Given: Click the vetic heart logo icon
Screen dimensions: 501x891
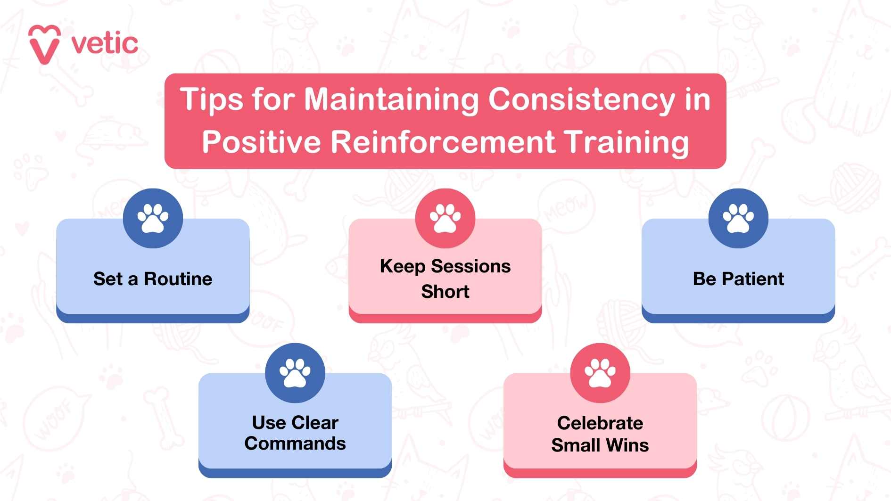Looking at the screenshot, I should (x=44, y=44).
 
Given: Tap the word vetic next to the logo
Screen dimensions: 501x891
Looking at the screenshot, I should (x=104, y=44).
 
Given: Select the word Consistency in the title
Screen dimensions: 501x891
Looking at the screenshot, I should (x=582, y=100).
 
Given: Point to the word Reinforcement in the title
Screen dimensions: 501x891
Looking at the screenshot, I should (x=443, y=142).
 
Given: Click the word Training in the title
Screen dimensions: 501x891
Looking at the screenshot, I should (x=627, y=142).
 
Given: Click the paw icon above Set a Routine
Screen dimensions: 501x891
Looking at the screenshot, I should (x=153, y=218).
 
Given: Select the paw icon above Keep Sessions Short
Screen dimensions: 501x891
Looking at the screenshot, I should (x=445, y=218).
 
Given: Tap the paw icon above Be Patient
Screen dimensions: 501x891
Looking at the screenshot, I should (x=738, y=218).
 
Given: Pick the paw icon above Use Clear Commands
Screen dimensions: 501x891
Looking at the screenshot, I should (x=295, y=373).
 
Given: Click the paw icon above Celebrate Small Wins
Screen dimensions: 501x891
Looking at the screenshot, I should (x=600, y=373).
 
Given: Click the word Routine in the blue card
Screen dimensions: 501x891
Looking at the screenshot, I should (x=178, y=279).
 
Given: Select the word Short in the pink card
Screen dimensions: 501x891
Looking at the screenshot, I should (x=445, y=292).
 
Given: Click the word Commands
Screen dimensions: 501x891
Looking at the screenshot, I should (x=295, y=444).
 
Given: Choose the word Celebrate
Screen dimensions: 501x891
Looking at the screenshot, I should (x=600, y=423).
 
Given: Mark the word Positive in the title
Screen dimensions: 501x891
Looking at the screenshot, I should (x=261, y=142).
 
